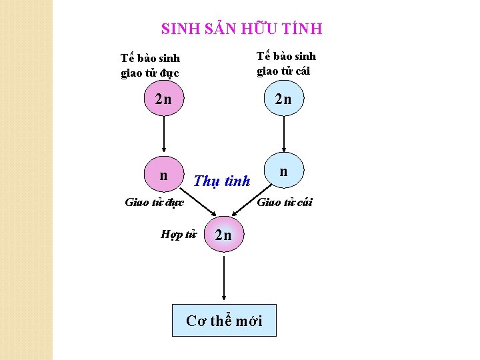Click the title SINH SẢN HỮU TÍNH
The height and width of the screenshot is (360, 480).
tap(241, 29)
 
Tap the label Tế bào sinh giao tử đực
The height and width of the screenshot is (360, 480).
tap(150, 65)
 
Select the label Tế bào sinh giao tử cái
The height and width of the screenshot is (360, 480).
tap(286, 63)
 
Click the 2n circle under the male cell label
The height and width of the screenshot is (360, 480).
tap(163, 100)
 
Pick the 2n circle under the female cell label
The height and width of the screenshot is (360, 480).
tap(284, 100)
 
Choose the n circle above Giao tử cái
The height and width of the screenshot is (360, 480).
tap(284, 172)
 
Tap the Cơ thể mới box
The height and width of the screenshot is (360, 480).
tap(224, 321)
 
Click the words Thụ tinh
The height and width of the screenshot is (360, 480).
tap(221, 181)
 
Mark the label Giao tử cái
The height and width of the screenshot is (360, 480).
tap(285, 202)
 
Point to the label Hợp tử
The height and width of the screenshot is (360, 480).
tap(179, 234)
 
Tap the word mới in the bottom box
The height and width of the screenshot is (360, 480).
tap(248, 321)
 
